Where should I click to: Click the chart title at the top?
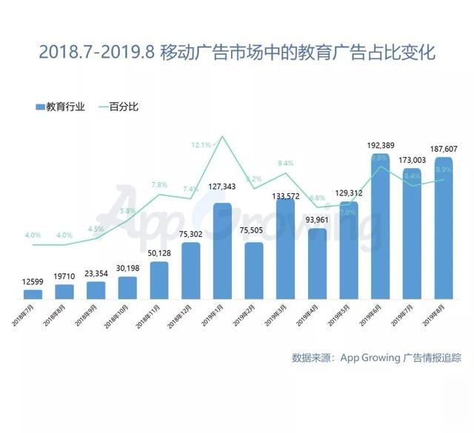tap(236, 53)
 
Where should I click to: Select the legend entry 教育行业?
tap(61, 107)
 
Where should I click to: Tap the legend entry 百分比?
tap(122, 107)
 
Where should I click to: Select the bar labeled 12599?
tap(33, 294)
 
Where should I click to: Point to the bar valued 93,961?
tap(318, 264)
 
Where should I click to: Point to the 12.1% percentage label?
tap(201, 144)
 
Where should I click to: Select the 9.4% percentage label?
tap(285, 163)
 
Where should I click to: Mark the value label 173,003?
tap(413, 159)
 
